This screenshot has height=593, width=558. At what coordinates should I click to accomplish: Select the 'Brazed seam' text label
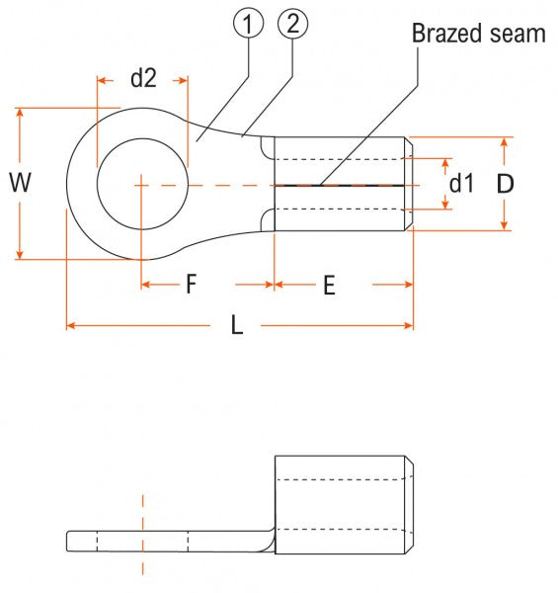click(x=478, y=34)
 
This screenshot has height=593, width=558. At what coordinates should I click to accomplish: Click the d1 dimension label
click(x=462, y=183)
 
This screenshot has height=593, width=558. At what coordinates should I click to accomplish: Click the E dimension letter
click(x=329, y=286)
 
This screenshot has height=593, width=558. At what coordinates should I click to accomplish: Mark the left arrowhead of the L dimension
click(x=70, y=324)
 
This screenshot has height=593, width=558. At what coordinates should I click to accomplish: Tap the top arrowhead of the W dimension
click(x=19, y=112)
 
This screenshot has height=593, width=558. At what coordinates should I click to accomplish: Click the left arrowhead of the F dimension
click(x=146, y=285)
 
